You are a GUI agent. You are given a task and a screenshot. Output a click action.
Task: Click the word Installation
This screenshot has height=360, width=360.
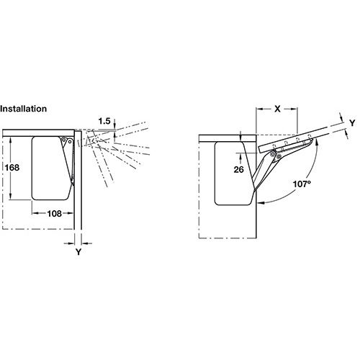tap(23, 109)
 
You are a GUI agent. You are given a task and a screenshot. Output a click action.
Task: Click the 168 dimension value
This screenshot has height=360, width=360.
tap(12, 168)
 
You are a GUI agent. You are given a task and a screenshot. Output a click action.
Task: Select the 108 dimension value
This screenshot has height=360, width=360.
tap(55, 214)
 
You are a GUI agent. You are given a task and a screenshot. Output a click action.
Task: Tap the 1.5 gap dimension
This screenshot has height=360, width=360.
tap(104, 121)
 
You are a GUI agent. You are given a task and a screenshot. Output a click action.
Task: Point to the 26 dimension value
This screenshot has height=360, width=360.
tap(238, 170)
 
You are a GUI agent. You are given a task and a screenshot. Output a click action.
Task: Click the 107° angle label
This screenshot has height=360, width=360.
tap(302, 184)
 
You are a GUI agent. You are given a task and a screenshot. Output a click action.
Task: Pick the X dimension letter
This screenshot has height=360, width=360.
tap(277, 109)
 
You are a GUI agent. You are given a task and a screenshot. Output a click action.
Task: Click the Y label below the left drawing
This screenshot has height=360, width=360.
tap(78, 252)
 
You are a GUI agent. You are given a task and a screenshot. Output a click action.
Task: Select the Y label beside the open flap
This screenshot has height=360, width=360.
tap(352, 123)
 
